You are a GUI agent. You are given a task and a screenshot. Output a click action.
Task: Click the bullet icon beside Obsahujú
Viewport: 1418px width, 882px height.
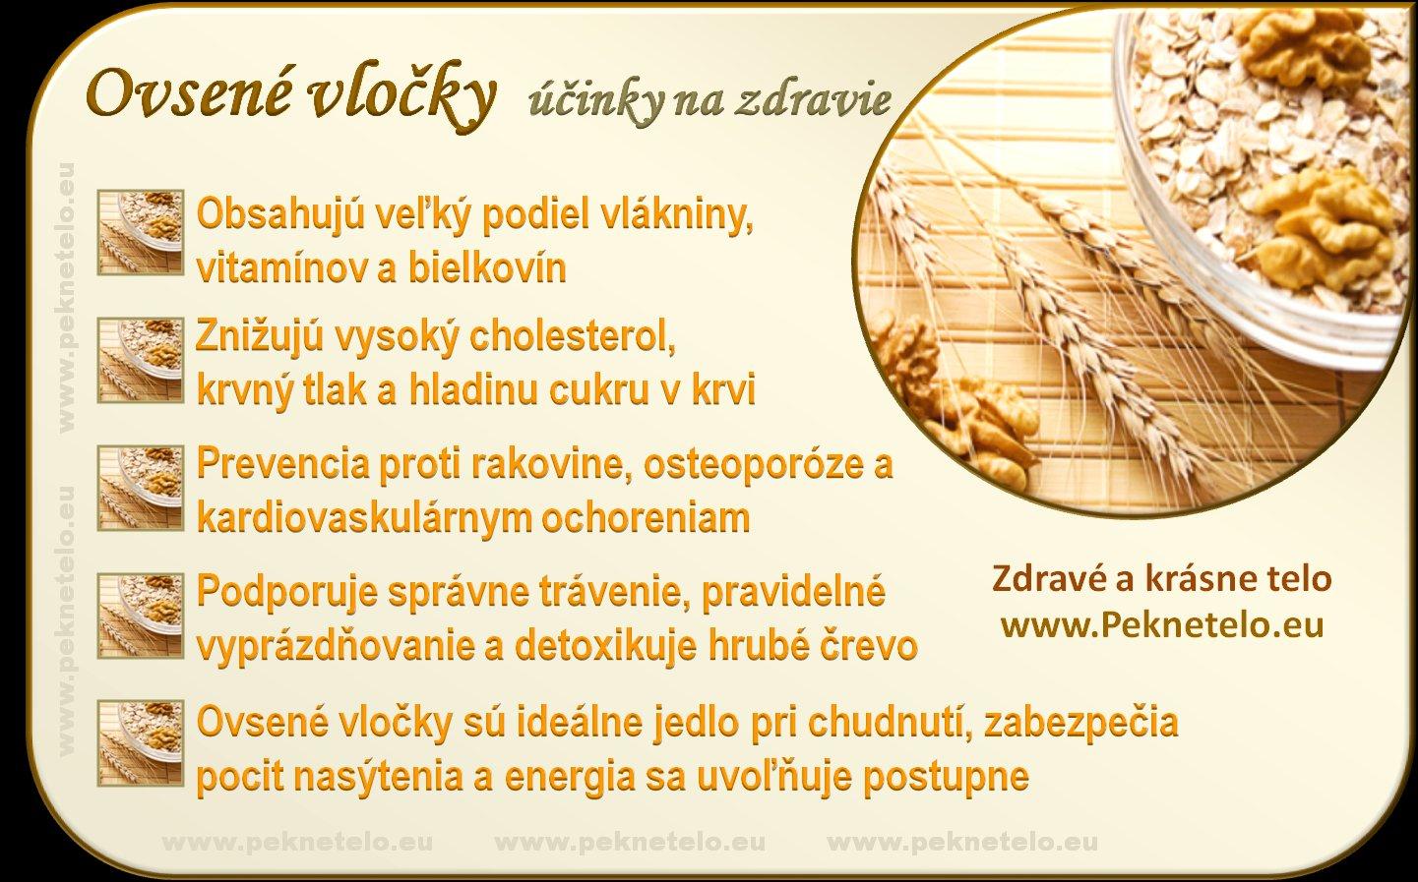(x=141, y=232)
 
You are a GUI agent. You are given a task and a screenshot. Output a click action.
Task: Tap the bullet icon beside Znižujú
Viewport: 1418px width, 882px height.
(x=141, y=360)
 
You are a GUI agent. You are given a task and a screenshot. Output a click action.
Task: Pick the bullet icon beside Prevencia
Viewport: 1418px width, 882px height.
(x=141, y=488)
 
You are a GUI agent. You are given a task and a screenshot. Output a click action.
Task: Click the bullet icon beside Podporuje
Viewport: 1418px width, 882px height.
(x=141, y=616)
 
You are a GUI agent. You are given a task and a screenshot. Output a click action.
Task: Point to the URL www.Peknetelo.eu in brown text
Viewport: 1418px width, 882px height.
(x=1163, y=625)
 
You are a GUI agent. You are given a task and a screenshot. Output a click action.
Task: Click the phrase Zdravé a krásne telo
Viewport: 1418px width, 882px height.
(x=1161, y=579)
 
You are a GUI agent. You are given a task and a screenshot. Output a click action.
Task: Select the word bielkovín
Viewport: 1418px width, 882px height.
(x=486, y=268)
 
